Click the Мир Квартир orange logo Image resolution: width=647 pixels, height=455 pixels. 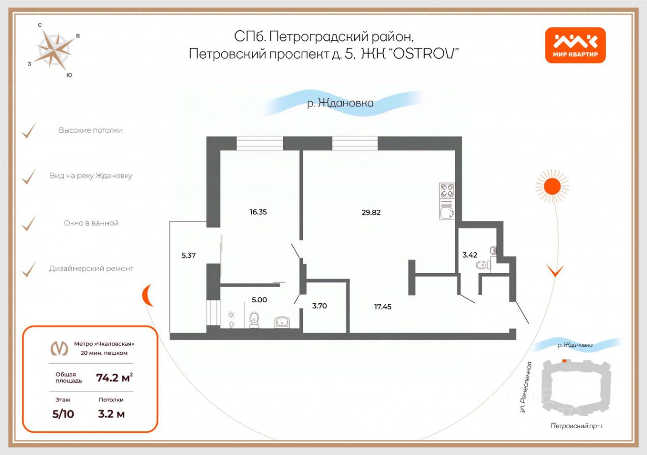point(575,45)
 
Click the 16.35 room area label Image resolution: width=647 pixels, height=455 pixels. point(258,212)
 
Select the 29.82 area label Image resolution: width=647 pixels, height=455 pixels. point(371,212)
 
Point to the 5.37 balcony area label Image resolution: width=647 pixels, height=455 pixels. point(188,255)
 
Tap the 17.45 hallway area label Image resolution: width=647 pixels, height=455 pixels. point(383,306)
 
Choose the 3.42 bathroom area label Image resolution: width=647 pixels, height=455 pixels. point(470,255)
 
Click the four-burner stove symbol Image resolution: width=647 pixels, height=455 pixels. point(447,190)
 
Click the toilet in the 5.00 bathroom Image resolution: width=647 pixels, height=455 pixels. point(255,320)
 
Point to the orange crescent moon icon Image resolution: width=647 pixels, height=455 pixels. point(147,295)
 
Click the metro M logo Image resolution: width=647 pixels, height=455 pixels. point(60,348)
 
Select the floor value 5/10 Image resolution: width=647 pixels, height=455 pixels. point(63,415)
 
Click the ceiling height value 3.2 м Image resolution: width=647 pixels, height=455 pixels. point(111,415)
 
